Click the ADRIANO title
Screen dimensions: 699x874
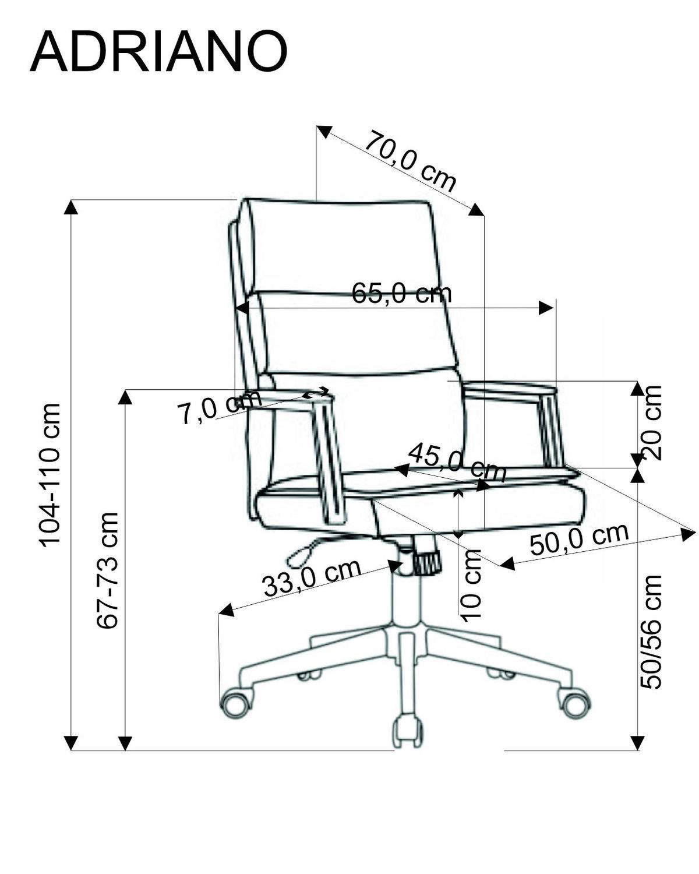pyautogui.click(x=158, y=52)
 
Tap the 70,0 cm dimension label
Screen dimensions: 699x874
pyautogui.click(x=410, y=161)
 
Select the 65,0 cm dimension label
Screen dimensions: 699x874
pyautogui.click(x=401, y=293)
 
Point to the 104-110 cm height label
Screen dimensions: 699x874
pyautogui.click(x=50, y=474)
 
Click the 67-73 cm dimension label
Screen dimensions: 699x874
pyautogui.click(x=108, y=570)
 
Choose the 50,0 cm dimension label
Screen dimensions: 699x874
pyautogui.click(x=579, y=540)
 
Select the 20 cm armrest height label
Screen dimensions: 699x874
pyautogui.click(x=651, y=422)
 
